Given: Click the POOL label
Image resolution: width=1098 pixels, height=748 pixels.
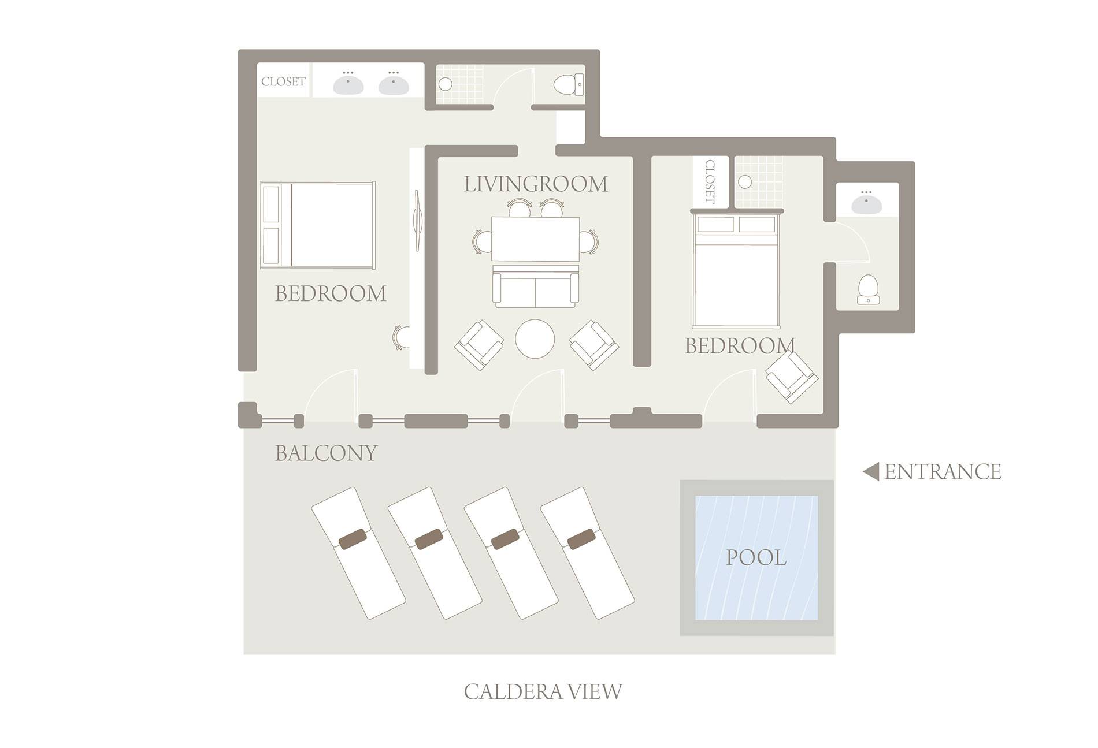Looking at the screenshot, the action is pos(756,558).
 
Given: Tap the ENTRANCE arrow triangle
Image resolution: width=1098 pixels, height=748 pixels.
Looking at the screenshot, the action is pos(871,472).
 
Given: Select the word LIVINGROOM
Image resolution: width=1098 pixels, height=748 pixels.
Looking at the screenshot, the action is pos(536,184).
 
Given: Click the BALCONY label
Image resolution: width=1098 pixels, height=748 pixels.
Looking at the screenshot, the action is pos(326,453).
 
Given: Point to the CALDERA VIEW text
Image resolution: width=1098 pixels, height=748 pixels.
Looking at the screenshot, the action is pos(543,691).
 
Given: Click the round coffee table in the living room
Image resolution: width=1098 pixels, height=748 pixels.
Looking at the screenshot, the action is pos(535,339).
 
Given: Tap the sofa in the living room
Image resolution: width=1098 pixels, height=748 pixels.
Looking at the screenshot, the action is pos(535,286).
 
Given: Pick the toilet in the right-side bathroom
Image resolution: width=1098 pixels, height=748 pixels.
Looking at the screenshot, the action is pos(868,289).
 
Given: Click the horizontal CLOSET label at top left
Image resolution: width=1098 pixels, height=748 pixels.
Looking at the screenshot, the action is pos(283,81).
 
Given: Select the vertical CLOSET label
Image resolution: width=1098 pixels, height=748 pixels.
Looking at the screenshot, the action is pos(710,181).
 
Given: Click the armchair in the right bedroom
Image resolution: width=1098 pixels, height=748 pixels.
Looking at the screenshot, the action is pos(792,377).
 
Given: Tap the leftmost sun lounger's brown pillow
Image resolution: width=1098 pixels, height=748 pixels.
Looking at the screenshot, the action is pos(353,539).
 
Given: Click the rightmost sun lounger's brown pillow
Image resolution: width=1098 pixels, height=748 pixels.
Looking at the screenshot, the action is pos(581,539).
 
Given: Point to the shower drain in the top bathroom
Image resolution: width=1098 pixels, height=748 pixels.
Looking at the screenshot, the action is pos(446,84).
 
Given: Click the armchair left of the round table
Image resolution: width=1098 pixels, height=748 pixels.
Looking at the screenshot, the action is pos(479,345).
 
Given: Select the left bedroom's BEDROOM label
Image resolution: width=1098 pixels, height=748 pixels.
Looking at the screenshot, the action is pos(331,294).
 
